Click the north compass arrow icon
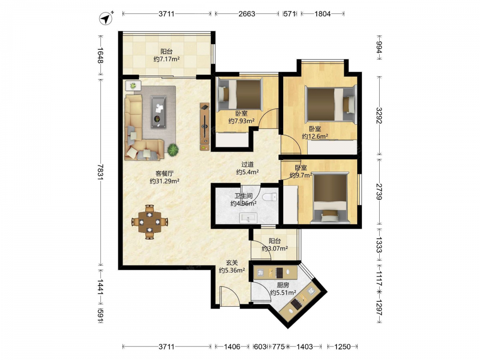pos(106,18)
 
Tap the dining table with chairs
pos(150,222)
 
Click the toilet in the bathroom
pos(269,197)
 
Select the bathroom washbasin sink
pos(248,218)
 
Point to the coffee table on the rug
pos(158,112)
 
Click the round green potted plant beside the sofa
pos(173,149)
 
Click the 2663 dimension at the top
pos(247,14)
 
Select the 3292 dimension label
pos(379,115)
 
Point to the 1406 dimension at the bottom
pos(232,347)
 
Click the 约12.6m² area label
pos(315,136)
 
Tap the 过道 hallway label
pos(247,164)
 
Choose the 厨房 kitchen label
pos(283,285)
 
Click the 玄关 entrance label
pos(232,263)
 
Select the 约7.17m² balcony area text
pos(167,59)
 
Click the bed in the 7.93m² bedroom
pos(240,95)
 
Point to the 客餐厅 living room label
pos(164,174)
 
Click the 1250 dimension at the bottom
pos(342,347)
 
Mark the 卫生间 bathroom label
pos(244,196)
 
